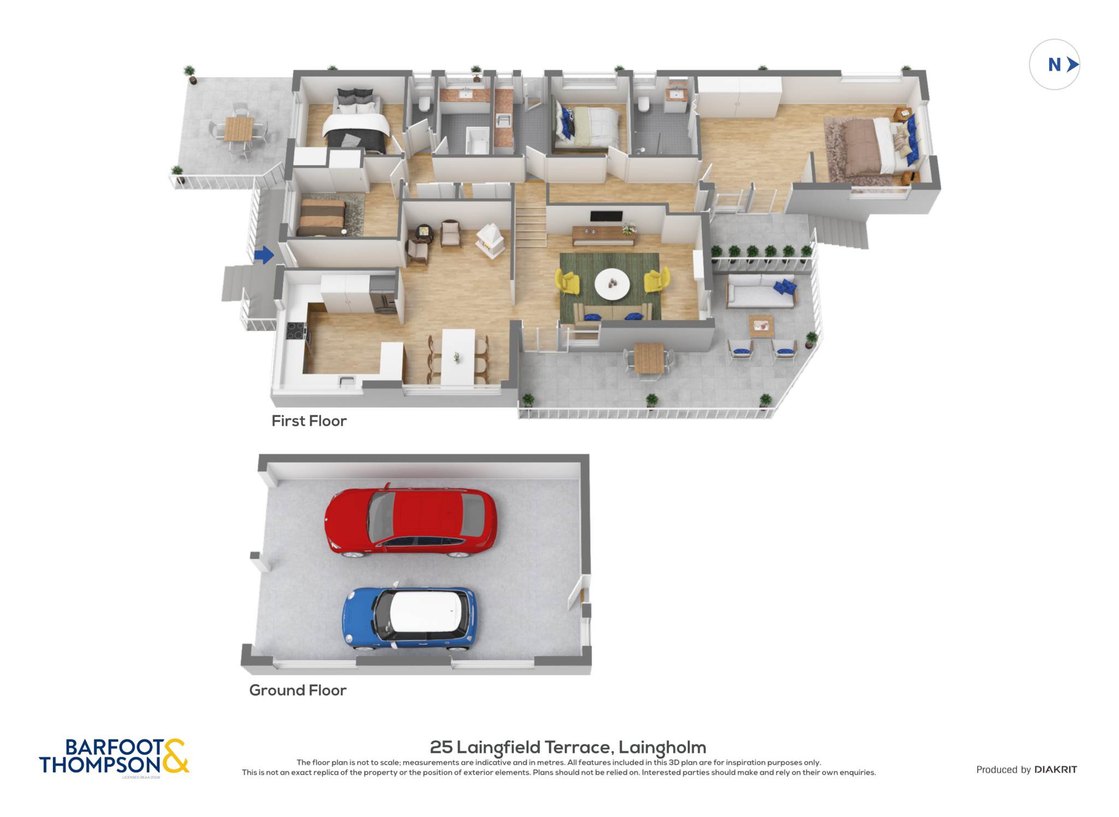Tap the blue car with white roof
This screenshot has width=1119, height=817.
click(x=410, y=618)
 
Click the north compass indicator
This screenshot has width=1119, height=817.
click(x=1055, y=65)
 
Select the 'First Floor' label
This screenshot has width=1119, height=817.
click(x=309, y=421)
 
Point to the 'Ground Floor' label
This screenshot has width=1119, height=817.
click(x=298, y=690)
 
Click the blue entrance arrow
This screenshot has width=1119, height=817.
click(x=264, y=255)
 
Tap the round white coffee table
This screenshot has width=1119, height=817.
click(x=612, y=284)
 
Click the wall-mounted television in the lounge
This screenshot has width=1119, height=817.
click(x=606, y=217)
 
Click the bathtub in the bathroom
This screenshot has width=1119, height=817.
click(x=478, y=141)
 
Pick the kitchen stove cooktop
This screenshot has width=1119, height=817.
click(x=297, y=331)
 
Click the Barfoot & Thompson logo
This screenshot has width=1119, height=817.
click(x=114, y=757)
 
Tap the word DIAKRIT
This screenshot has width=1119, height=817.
click(x=1056, y=769)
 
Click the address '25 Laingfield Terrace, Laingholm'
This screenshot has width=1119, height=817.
click(x=568, y=747)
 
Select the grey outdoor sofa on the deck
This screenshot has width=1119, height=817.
click(x=761, y=291)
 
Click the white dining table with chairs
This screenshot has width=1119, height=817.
click(x=458, y=356)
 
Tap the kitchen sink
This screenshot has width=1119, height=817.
click(x=346, y=380)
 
